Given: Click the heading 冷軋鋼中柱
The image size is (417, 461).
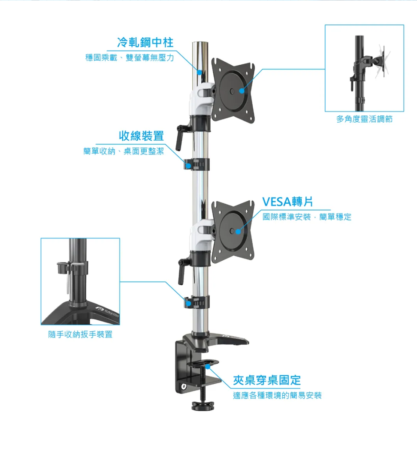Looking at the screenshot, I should point(145,42).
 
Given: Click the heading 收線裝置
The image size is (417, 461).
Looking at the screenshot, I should point(141,136).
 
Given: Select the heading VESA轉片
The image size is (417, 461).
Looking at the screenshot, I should point(287,201).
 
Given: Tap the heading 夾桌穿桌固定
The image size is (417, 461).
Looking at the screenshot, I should point(266,380).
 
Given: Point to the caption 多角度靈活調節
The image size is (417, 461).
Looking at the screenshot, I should point(364,119).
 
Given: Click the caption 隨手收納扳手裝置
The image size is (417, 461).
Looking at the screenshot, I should point(80,334).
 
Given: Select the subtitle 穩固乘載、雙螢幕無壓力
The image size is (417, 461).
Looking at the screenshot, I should point(130,57).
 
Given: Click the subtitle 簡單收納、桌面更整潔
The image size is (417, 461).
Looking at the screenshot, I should point(124,151).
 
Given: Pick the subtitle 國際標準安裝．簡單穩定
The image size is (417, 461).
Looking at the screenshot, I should point(307,217).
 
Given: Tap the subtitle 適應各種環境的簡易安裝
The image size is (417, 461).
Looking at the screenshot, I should point(277,395).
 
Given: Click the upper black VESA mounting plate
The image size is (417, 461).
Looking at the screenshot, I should point(234,90).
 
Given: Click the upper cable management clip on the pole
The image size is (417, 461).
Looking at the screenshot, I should point(197,164).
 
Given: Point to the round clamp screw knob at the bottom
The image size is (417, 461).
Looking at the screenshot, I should point(202,404).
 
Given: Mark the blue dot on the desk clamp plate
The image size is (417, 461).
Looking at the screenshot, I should point(208,366).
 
